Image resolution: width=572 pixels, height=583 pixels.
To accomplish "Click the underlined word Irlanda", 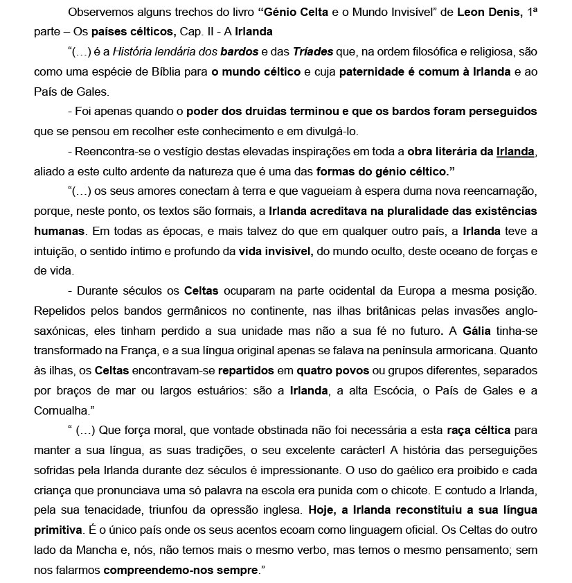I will pos(515,151).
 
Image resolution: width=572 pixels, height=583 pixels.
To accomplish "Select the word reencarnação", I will pos(501,191).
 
